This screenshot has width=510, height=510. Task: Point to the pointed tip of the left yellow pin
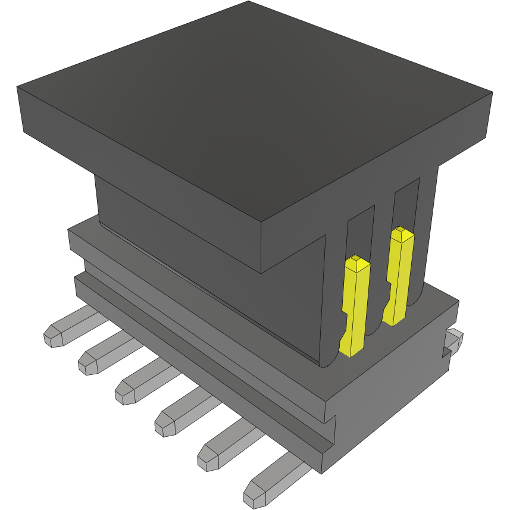tap(356, 260)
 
